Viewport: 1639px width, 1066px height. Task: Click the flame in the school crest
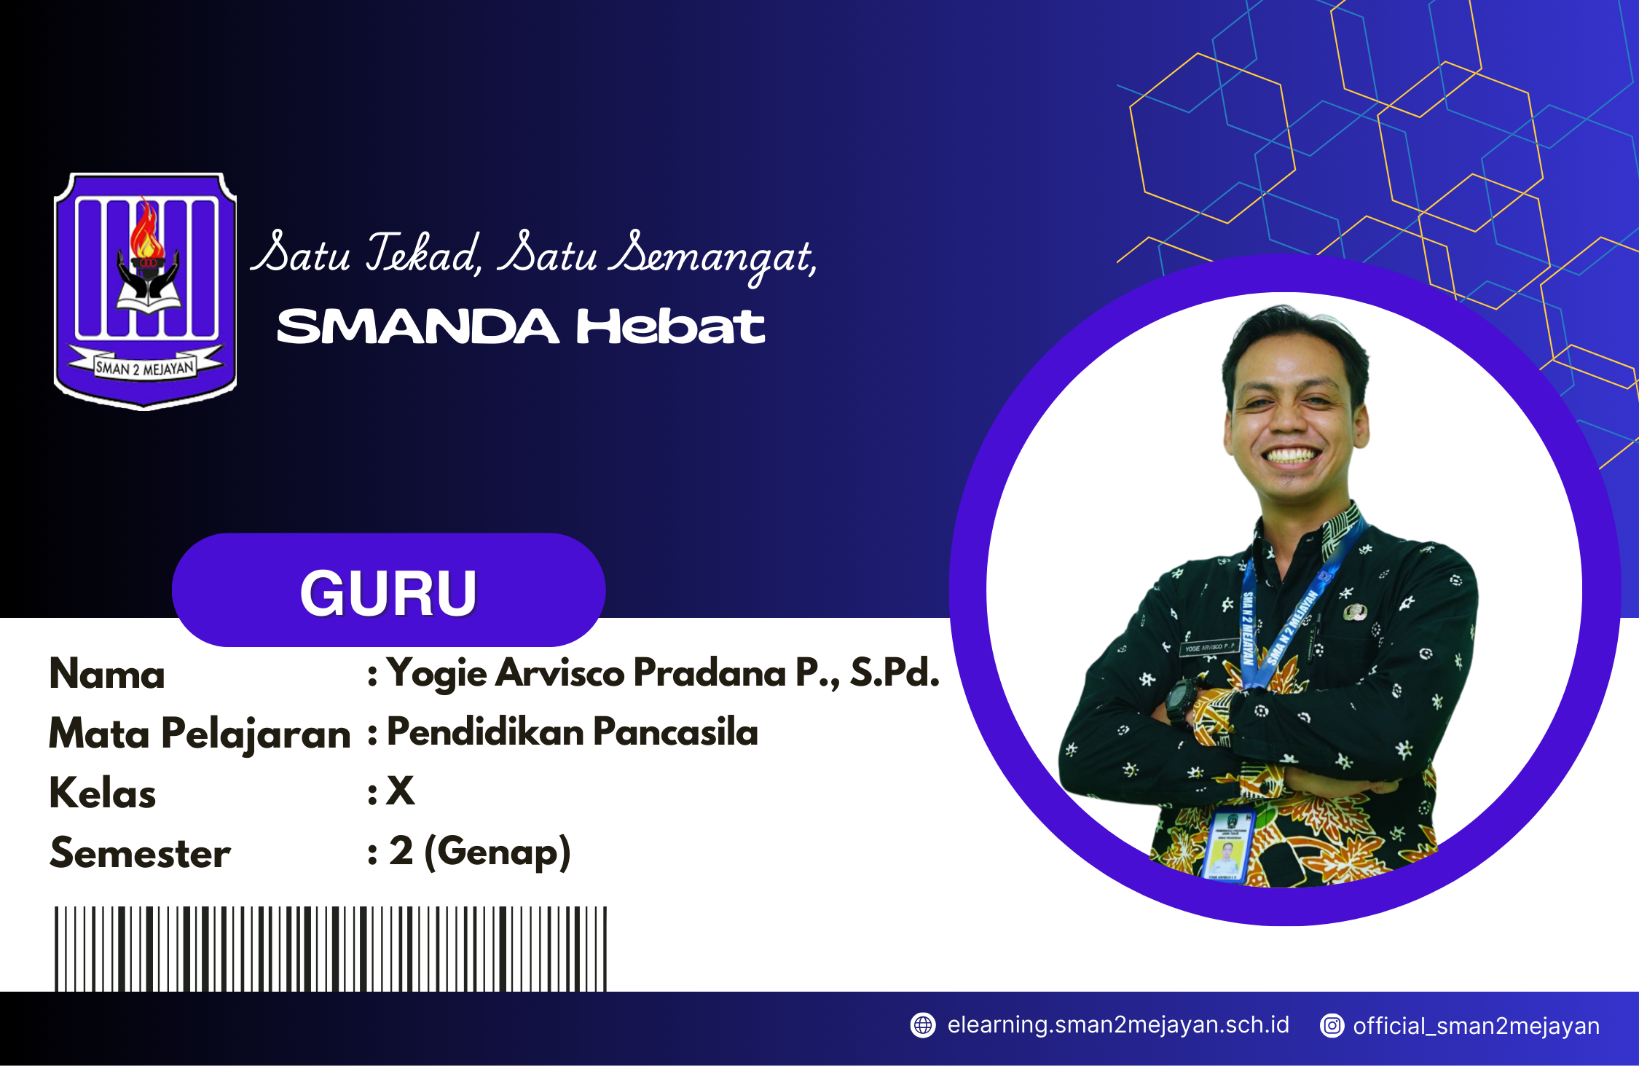(x=146, y=232)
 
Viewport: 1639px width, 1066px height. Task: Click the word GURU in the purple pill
(x=388, y=593)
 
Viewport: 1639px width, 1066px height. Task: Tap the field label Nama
(x=107, y=674)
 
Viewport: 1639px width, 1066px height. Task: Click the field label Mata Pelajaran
(x=200, y=734)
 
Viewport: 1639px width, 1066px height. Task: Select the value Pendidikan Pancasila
(x=573, y=732)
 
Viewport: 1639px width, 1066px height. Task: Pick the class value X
(x=401, y=791)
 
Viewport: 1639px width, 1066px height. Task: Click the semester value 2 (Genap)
(x=479, y=852)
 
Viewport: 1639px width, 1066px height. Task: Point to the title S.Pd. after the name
(x=895, y=673)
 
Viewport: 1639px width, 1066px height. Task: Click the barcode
(x=331, y=948)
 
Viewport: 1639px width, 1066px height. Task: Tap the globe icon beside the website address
(x=923, y=1025)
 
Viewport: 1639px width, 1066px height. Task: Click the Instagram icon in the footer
(x=1332, y=1026)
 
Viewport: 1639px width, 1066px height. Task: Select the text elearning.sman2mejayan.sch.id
(x=1118, y=1025)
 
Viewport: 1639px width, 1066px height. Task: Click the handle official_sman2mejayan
(x=1476, y=1026)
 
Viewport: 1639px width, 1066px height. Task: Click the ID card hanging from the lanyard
(x=1227, y=845)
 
